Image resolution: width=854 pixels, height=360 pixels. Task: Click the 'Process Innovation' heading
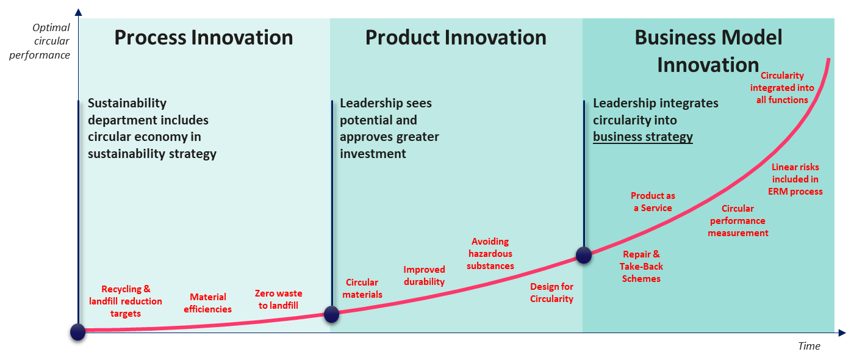coord(204,37)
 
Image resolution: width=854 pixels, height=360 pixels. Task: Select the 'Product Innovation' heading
coord(456,37)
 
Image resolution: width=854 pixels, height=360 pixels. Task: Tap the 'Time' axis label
coord(809,346)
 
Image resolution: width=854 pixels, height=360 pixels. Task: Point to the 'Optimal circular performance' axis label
coord(40,41)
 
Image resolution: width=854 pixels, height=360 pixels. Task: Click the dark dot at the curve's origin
coord(78,332)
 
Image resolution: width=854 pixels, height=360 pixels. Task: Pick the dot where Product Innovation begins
coord(332,314)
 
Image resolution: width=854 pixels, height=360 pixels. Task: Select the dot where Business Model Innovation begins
coord(584,255)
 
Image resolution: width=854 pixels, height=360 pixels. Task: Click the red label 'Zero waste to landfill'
coord(278,300)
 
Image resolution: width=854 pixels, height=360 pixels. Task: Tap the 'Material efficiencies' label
coord(208,303)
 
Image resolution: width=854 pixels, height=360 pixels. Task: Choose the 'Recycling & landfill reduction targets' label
coord(126,301)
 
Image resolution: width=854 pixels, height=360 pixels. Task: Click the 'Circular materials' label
coord(362,288)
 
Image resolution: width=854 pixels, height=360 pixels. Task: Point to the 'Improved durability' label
coord(425,276)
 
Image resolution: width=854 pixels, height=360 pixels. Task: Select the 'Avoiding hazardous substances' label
coord(490,254)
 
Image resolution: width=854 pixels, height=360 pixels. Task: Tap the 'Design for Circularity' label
coord(551,293)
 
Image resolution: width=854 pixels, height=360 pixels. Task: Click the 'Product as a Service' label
coord(653,202)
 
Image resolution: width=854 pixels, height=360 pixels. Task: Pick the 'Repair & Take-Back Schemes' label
coord(641,267)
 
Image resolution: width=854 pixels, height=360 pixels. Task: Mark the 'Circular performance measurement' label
coord(738,221)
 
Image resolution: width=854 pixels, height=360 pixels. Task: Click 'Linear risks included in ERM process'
coord(795,179)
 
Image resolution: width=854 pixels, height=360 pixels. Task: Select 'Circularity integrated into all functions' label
coord(782,88)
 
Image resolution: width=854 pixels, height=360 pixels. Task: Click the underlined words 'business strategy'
coord(643,137)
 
